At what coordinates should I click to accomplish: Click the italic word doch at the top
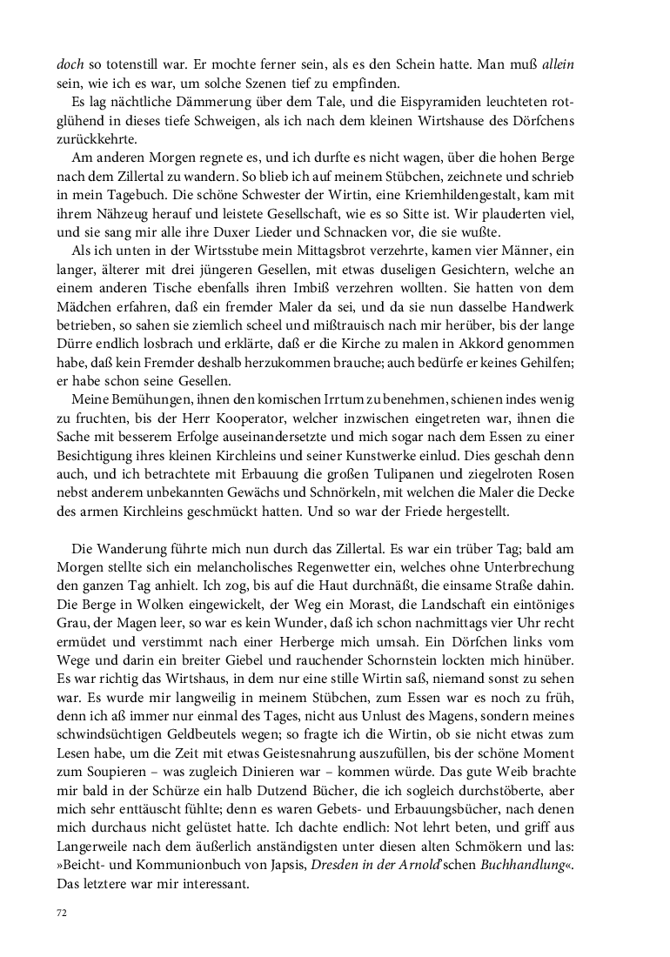[70, 65]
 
